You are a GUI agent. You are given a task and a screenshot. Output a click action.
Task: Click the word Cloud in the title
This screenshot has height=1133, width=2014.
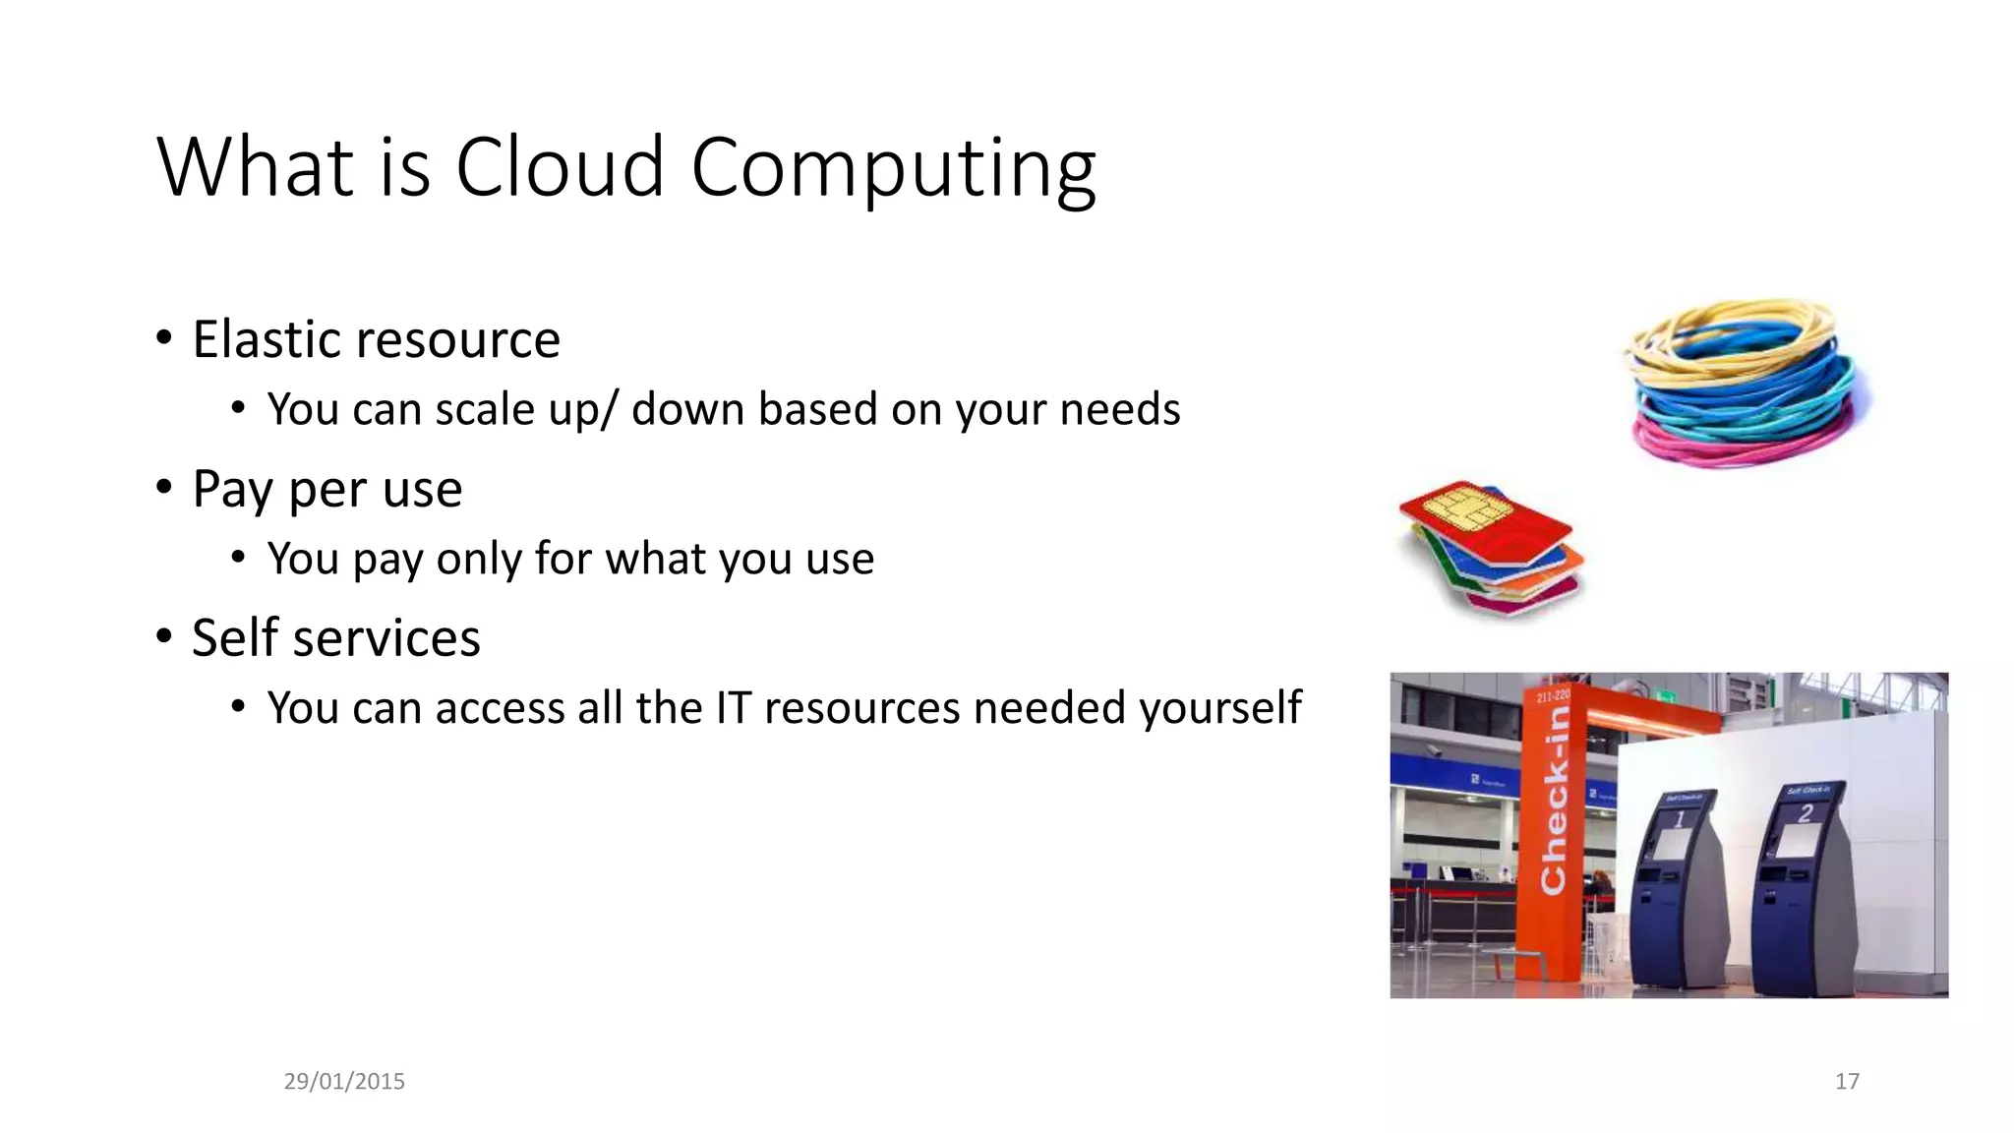[x=560, y=167]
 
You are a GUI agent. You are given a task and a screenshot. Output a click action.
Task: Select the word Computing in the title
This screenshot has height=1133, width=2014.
[x=893, y=169]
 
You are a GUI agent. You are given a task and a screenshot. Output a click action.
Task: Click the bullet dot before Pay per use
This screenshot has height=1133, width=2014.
[x=164, y=488]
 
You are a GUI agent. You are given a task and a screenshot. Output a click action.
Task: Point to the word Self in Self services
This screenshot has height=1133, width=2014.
[x=235, y=637]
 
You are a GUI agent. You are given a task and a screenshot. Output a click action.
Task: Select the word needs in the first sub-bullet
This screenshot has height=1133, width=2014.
[x=1120, y=409]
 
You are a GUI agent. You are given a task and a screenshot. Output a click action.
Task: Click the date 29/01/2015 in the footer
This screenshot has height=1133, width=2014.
[x=344, y=1081]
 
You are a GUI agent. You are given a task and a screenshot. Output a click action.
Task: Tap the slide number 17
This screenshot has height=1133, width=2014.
[x=1847, y=1081]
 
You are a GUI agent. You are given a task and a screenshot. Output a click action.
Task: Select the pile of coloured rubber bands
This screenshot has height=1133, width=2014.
[x=1746, y=384]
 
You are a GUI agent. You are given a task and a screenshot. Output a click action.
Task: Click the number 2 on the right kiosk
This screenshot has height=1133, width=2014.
[x=1805, y=813]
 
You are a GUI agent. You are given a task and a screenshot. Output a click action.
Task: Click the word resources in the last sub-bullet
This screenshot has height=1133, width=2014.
[x=861, y=708]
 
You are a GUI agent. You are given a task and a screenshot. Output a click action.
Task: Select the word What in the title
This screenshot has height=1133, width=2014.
[x=255, y=167]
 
